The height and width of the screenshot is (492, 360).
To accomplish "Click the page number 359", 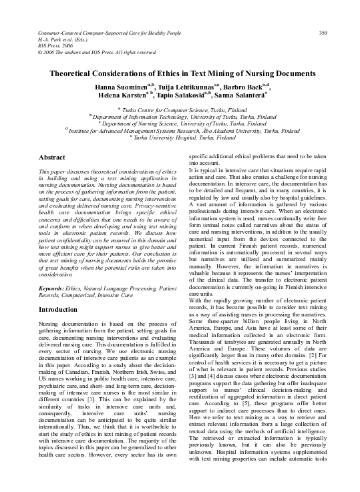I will pos(323,14).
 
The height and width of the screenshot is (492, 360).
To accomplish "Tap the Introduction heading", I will pos(57,310).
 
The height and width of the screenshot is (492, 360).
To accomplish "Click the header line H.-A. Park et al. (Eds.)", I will pos(65,20).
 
